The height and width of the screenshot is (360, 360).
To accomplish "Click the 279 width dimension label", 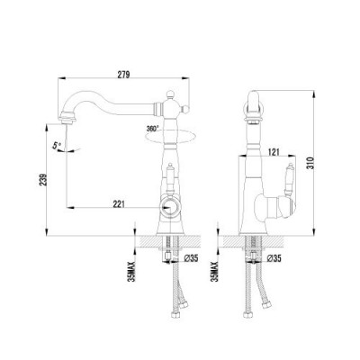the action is [123, 74].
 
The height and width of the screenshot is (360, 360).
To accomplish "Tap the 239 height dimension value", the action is [42, 180].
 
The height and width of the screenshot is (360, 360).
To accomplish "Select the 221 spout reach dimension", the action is [119, 204].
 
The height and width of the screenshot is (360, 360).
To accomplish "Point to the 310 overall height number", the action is [311, 163].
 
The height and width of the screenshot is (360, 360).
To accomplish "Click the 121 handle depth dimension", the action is [273, 152].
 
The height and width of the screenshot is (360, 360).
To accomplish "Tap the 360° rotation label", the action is [152, 129].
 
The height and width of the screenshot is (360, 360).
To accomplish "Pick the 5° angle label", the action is [57, 146].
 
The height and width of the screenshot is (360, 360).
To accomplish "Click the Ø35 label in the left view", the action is [191, 258].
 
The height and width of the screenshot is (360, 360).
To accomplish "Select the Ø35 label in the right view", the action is [274, 258].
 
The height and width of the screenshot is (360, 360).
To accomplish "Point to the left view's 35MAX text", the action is [131, 271].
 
